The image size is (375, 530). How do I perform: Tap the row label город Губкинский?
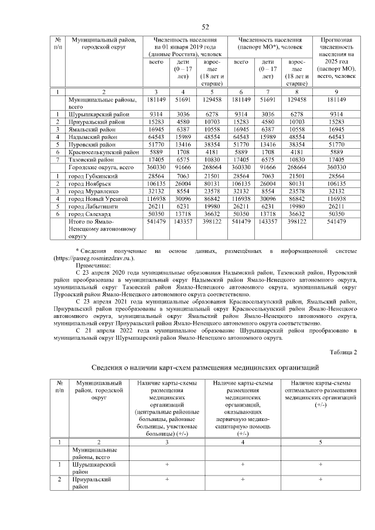93,175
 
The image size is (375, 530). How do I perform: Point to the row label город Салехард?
90,216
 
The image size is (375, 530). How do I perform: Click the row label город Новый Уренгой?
98,199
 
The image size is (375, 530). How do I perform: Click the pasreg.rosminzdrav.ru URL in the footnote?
94,258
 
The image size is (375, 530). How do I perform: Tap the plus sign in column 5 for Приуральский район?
320,479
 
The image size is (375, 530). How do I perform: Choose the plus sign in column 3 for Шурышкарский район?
167,464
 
